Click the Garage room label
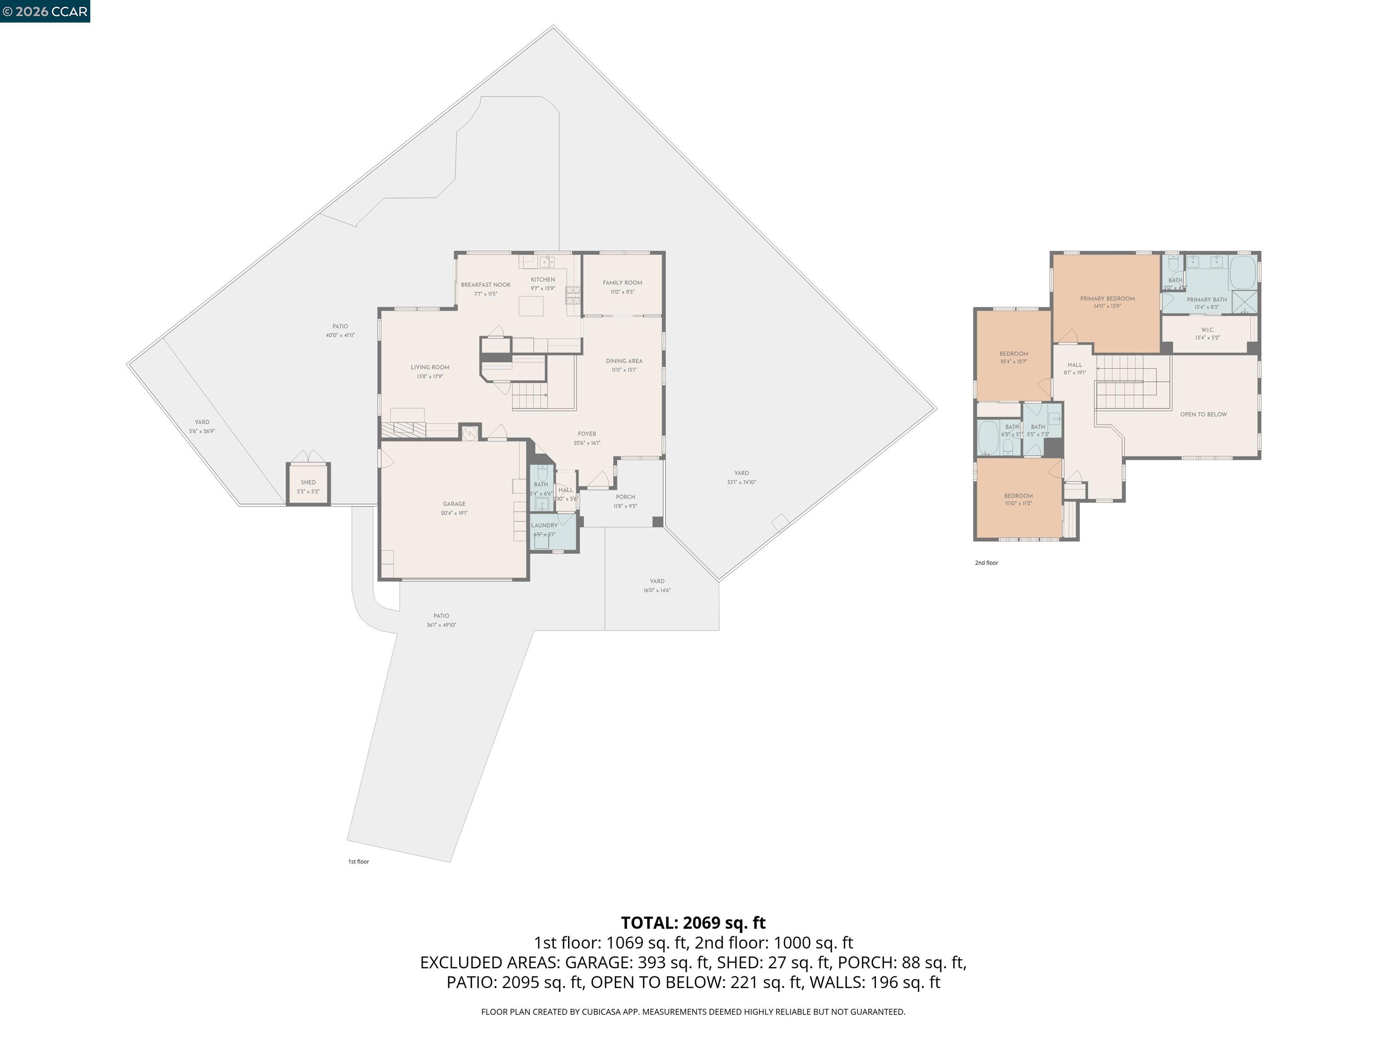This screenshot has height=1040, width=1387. point(454,504)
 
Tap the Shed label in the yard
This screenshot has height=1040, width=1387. point(308,483)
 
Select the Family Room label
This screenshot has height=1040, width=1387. point(622,283)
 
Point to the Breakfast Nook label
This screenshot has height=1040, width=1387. point(485,285)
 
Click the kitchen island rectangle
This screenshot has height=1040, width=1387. point(531,306)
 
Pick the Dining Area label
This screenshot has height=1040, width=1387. point(624,361)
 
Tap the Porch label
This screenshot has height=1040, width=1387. point(625,497)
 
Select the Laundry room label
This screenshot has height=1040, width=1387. point(544,525)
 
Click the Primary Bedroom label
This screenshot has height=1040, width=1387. point(1107,299)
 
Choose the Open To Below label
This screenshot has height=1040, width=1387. point(1203,414)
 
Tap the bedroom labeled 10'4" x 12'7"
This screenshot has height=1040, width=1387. point(1013,357)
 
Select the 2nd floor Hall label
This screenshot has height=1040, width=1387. point(1074,365)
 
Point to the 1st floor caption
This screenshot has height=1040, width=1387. point(358,862)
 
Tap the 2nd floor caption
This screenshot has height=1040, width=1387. point(986,563)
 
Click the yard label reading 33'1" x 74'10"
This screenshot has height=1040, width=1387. point(741,482)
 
